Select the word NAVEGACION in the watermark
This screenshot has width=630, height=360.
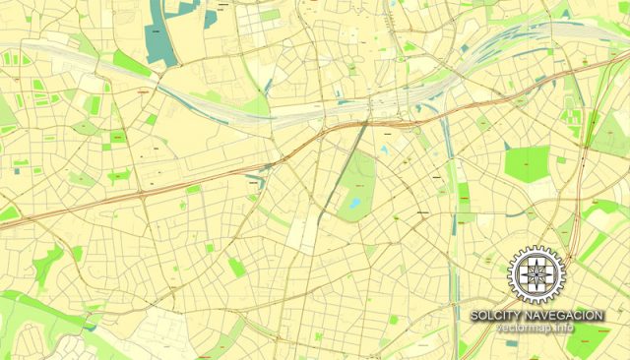[566, 315]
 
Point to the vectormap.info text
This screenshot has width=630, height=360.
[535, 327]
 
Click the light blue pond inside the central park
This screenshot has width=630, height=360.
[354, 204]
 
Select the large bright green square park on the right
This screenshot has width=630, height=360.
[526, 163]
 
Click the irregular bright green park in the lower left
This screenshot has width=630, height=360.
[46, 264]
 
